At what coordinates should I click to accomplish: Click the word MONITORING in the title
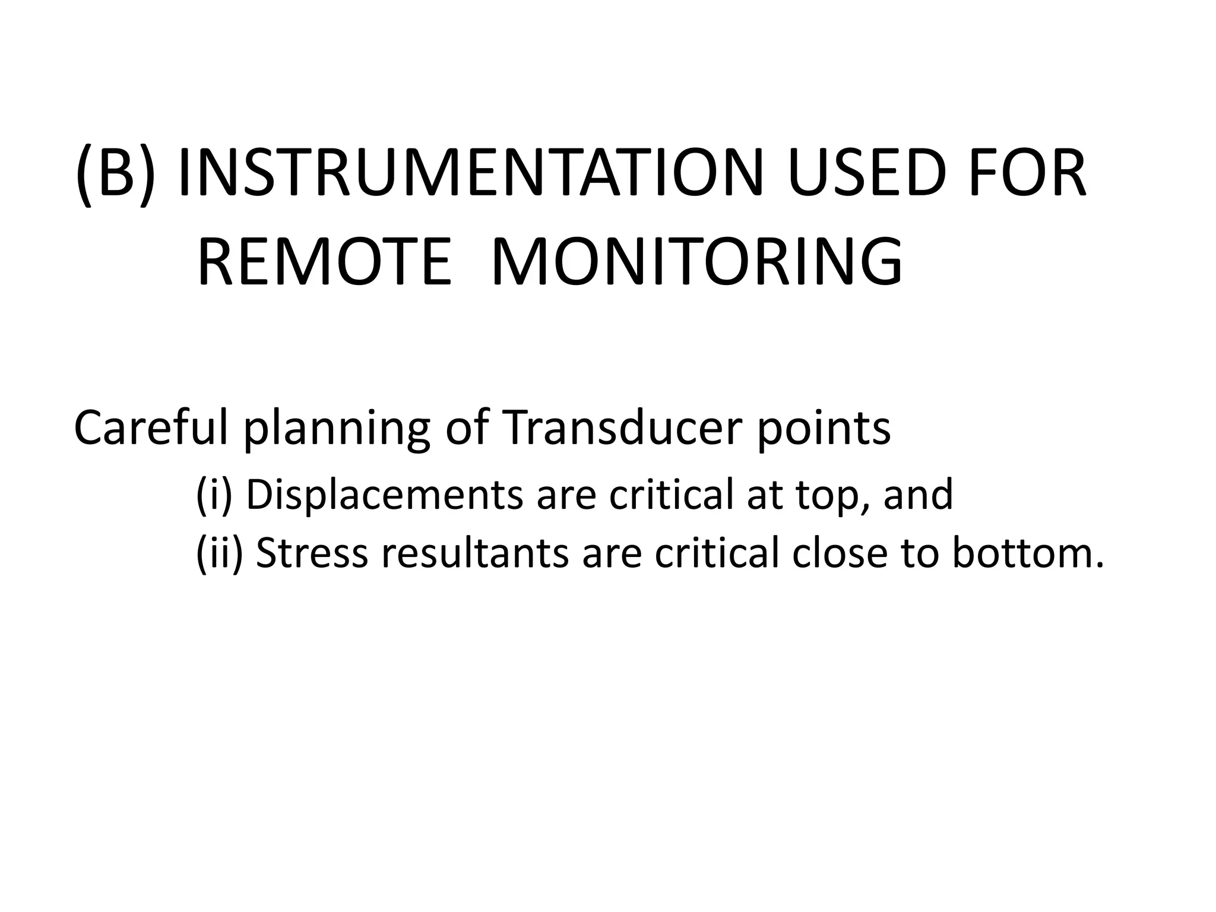tap(696, 262)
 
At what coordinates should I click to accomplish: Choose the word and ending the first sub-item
tap(918, 495)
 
